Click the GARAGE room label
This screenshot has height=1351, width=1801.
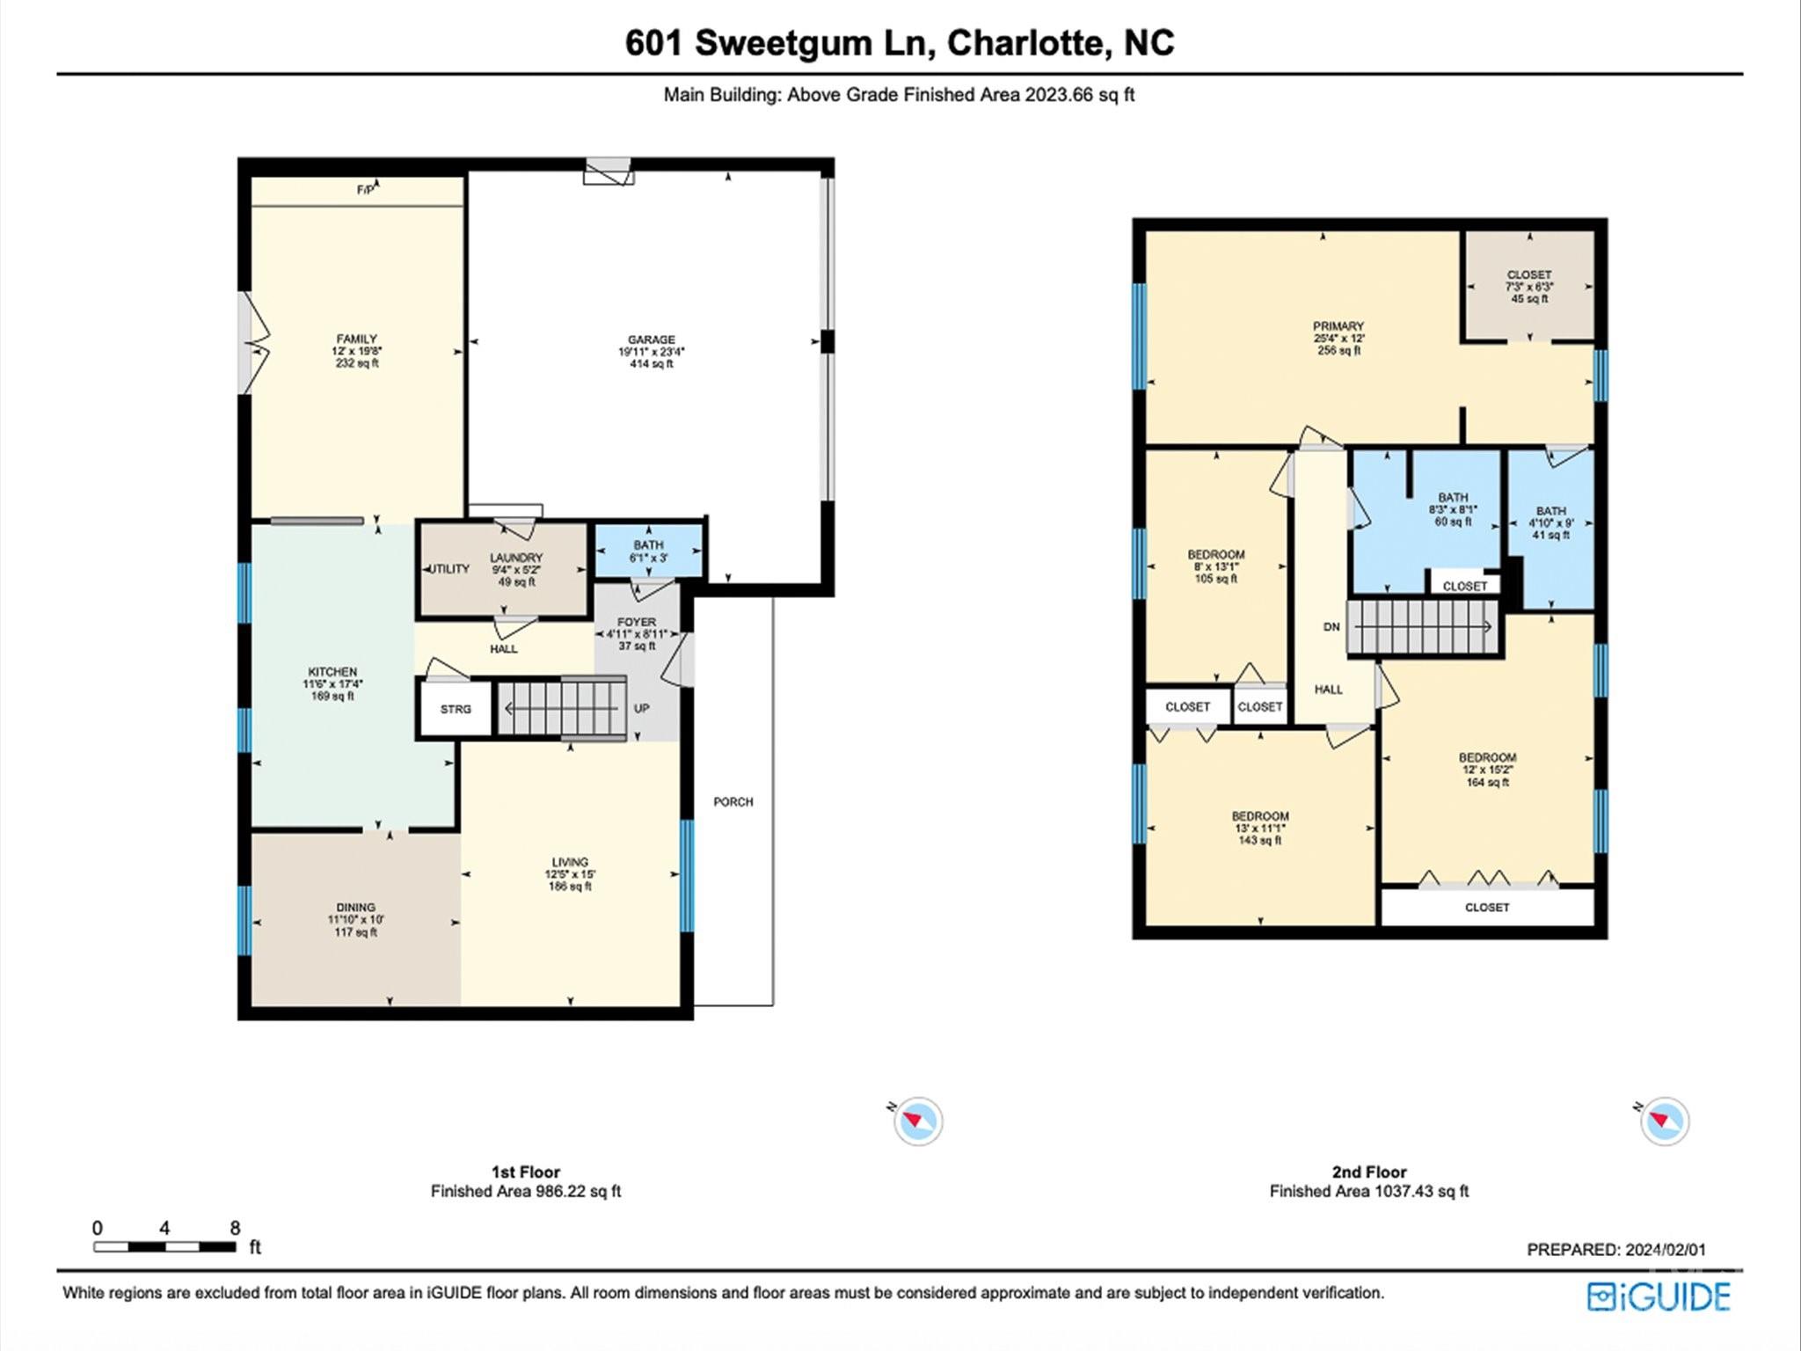[651, 340]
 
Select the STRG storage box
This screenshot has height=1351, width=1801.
[456, 709]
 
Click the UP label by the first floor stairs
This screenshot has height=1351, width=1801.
[641, 708]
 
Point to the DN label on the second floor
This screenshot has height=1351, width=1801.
[1331, 627]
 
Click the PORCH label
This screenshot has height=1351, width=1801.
[733, 802]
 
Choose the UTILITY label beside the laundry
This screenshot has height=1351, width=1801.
[448, 569]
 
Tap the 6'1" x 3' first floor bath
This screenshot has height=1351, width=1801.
[648, 551]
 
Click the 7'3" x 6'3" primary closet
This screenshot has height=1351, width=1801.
[1529, 287]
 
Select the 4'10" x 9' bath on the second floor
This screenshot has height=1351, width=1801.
[1550, 522]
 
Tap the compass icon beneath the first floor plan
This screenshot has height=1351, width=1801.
[918, 1121]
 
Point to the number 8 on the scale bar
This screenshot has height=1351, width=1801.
[235, 1228]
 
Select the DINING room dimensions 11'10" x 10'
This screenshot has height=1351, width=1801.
[355, 920]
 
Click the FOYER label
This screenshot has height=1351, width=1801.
[637, 622]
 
